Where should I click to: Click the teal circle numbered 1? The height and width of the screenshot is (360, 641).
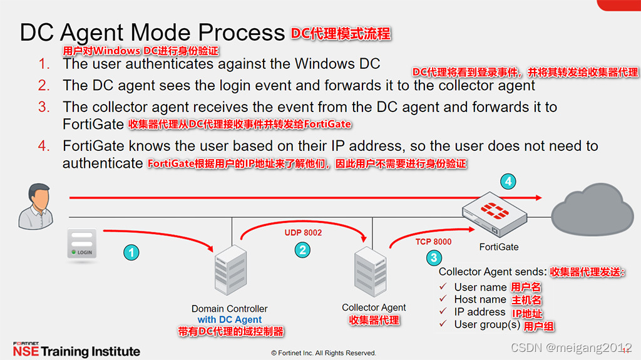(x=131, y=252)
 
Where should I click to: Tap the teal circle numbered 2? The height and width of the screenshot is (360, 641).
(x=302, y=249)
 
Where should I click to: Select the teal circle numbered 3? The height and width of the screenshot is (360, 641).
(x=433, y=257)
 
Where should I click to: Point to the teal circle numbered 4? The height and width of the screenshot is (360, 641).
(x=509, y=182)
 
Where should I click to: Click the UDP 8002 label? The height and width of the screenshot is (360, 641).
(x=304, y=232)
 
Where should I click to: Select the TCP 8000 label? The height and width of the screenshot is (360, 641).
(x=433, y=242)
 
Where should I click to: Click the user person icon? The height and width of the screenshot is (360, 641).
(x=34, y=206)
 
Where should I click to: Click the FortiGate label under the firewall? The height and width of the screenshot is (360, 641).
(x=499, y=247)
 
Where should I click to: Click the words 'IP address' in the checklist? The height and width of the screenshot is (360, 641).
(x=479, y=312)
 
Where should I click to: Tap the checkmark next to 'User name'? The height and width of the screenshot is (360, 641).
(x=443, y=287)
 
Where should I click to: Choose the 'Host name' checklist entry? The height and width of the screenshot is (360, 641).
(x=480, y=299)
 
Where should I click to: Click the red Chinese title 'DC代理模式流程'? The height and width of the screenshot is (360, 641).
(x=341, y=33)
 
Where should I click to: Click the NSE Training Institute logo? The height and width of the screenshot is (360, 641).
(x=76, y=350)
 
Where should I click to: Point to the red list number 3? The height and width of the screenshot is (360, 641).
(x=43, y=107)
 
